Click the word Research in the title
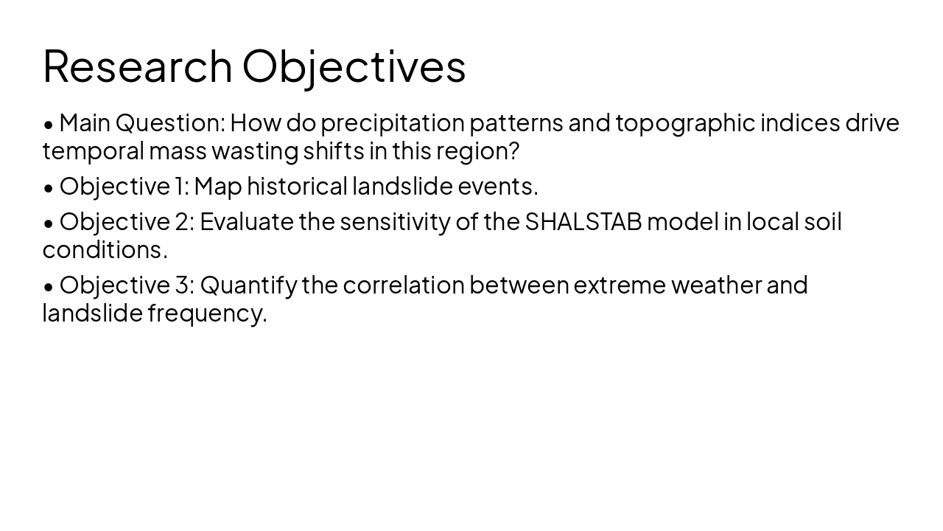tap(138, 66)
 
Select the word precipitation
tap(392, 123)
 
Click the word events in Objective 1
tap(497, 187)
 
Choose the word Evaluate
tap(247, 221)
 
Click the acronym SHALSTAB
tap(583, 221)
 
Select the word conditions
tap(104, 250)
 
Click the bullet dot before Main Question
tap(49, 125)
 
